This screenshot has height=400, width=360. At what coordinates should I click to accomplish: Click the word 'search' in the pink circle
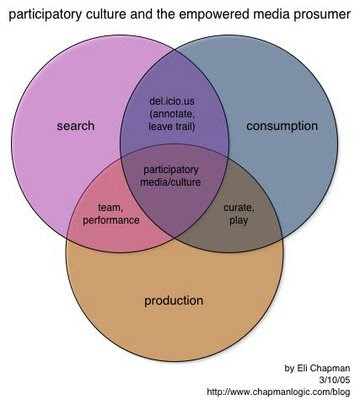coord(75,126)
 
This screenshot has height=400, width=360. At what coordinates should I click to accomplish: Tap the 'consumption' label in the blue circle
coord(282,126)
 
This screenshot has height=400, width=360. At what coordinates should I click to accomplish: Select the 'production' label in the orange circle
coord(174,301)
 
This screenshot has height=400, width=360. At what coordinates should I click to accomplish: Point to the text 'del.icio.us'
coord(172,101)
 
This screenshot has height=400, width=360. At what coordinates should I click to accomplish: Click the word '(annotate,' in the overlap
coord(172,114)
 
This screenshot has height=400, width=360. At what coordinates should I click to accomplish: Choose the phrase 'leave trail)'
coord(172,127)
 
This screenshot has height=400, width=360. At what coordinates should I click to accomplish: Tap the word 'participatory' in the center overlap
coord(171,170)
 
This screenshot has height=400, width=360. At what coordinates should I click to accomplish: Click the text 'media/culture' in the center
coord(171,182)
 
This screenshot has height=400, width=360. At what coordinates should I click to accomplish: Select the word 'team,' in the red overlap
coord(111,208)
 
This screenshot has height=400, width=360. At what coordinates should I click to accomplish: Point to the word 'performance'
coord(111,220)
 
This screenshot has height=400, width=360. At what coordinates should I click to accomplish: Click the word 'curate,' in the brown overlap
coord(239,208)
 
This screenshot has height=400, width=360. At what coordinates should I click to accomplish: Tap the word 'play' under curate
coord(238,221)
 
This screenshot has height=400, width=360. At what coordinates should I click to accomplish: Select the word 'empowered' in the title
coord(210,14)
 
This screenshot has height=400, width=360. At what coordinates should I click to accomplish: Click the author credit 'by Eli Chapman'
coord(317,368)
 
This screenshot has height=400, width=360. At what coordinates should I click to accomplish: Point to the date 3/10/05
coord(335,380)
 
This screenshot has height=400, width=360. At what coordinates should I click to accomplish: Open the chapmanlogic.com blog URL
coord(278,391)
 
